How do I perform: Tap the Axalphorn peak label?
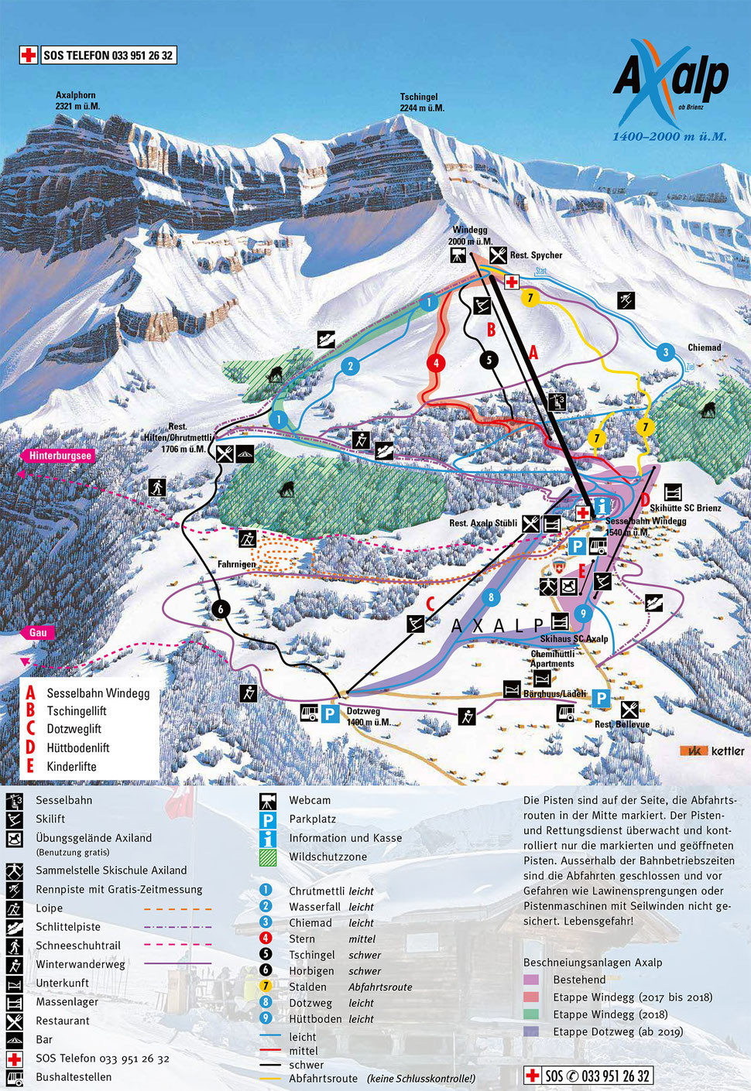coord(77,101)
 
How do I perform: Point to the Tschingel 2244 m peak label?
coord(421,102)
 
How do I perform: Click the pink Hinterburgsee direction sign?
coord(60,456)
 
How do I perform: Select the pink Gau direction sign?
coord(38,632)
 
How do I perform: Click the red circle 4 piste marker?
coord(436,363)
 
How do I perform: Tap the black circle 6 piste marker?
coord(221,609)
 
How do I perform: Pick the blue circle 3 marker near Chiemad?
coord(665,353)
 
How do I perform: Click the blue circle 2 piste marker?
coord(350,366)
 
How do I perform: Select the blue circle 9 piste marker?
coord(583,614)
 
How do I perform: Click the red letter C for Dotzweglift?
coord(430,604)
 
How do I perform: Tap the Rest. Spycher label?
coord(536,255)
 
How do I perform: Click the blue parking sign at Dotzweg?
coord(331,713)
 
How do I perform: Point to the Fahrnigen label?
coord(236,564)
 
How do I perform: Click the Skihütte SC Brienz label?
coord(685,508)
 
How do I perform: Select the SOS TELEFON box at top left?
coord(98,55)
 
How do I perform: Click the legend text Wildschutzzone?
coord(327,857)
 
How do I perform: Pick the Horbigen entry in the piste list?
coord(311,971)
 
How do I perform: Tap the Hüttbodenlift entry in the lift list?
coord(78,747)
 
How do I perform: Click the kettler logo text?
coord(727,751)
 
